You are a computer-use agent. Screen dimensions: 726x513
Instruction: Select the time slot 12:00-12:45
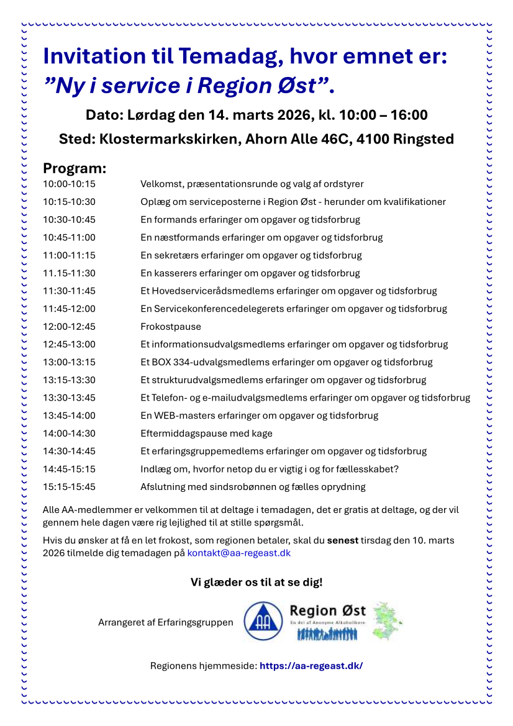point(69,327)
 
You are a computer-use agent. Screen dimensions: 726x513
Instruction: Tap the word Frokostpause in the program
point(171,327)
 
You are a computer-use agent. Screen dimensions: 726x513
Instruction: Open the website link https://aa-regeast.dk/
point(311,666)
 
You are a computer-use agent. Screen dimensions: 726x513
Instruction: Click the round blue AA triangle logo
point(261,621)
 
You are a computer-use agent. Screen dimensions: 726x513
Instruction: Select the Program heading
point(75,168)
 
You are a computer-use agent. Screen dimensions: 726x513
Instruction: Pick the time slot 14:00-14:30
point(69,433)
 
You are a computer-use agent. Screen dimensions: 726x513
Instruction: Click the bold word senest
point(343,540)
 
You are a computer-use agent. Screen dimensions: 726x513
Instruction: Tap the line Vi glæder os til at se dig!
point(256,583)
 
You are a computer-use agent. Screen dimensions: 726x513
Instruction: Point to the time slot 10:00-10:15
point(69,184)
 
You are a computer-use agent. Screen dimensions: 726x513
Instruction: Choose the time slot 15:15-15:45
point(69,487)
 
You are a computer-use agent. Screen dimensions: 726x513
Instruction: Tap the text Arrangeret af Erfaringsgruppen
point(166,622)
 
